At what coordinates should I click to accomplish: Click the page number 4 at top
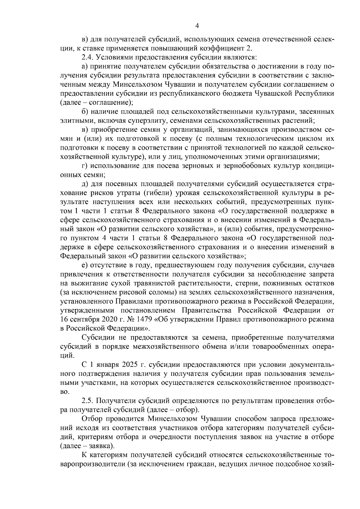point(197,26)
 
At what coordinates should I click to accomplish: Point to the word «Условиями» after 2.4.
point(114,57)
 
